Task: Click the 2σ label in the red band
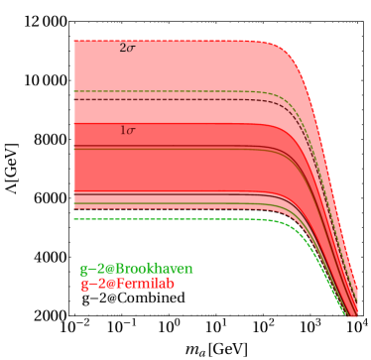(127, 48)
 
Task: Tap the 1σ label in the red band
(127, 131)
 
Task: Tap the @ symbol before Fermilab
(108, 284)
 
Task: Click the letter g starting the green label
(84, 270)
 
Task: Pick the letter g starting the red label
(84, 285)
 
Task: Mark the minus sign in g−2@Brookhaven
(92, 269)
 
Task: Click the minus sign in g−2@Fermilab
(92, 284)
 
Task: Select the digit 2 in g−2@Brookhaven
(100, 269)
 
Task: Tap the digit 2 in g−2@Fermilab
(100, 284)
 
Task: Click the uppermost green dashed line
(149, 92)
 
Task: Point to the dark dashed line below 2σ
(149, 100)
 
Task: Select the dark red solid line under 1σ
(149, 148)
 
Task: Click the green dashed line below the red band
(149, 219)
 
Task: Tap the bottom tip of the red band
(351, 313)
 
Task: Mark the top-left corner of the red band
(75, 41)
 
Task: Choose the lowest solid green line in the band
(149, 204)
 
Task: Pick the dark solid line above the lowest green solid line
(149, 194)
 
